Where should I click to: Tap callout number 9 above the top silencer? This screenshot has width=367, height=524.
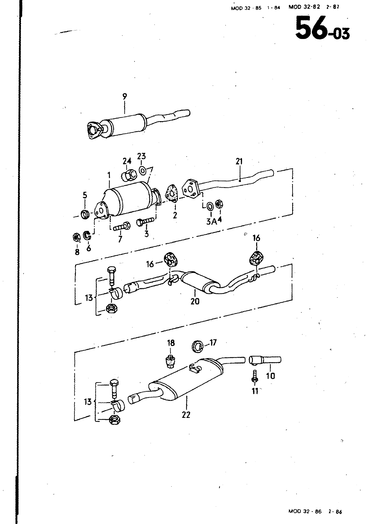[125, 96]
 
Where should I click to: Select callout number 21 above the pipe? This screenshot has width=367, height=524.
[239, 161]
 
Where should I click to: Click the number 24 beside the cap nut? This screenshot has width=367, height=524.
[127, 161]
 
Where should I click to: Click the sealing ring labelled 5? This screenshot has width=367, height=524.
[85, 215]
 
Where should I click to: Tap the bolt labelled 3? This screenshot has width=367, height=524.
[146, 221]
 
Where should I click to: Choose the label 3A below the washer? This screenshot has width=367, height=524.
[212, 221]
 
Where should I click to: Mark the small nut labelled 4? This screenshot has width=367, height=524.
[219, 204]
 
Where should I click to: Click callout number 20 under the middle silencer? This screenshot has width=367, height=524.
[195, 301]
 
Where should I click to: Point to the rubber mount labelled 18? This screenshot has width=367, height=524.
[170, 361]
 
